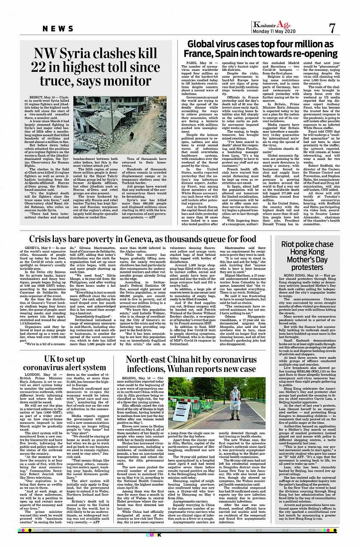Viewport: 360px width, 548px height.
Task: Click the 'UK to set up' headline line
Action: tap(65, 358)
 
